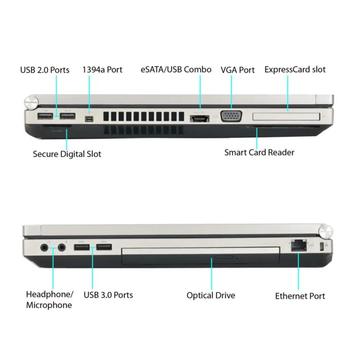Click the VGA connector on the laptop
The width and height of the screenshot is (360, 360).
[231, 116]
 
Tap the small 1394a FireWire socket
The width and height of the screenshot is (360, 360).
[89, 119]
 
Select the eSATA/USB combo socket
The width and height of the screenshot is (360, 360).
[200, 119]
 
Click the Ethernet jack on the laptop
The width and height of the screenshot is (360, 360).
[299, 245]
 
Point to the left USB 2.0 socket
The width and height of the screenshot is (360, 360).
[45, 116]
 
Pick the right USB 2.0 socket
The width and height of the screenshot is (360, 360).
[68, 116]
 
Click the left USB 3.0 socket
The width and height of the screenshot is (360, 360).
[82, 247]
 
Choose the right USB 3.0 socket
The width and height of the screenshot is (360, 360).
[104, 247]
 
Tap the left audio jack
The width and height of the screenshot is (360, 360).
[45, 248]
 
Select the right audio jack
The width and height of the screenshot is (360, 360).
[62, 248]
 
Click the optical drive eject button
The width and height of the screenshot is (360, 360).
[224, 257]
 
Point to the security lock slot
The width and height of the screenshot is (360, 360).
[321, 246]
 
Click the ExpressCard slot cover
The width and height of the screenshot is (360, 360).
[286, 116]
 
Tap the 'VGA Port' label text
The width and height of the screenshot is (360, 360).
[238, 70]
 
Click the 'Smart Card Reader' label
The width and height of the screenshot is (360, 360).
[259, 152]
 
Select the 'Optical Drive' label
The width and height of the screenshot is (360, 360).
[211, 296]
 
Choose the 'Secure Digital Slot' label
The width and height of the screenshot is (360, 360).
[67, 154]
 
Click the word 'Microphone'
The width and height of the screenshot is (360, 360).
[49, 305]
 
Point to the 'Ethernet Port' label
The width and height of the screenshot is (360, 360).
[300, 296]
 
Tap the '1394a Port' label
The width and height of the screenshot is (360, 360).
[102, 70]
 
